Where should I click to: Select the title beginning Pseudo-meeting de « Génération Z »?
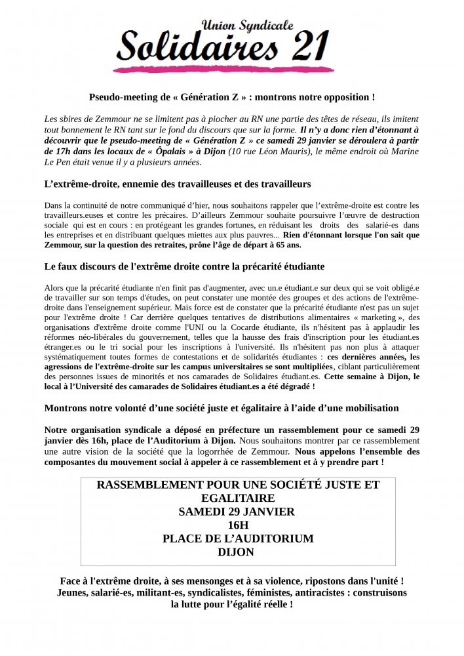232,96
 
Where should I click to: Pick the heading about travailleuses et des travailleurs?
177,184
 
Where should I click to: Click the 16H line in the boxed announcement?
238,525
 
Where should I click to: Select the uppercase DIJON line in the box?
238,552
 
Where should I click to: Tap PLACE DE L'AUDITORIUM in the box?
238,539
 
